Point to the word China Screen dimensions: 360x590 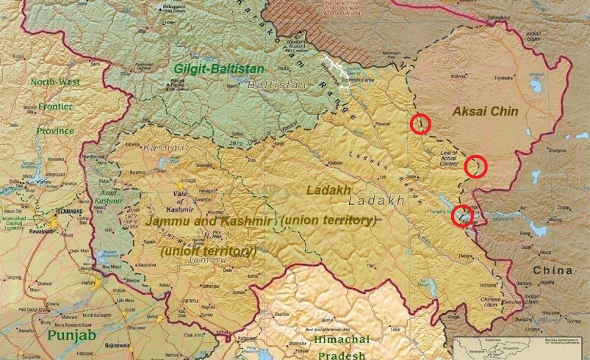pos(553,271)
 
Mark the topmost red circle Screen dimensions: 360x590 pos(420,124)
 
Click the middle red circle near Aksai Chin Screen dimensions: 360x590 pos(475,167)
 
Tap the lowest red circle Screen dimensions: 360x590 pos(462,215)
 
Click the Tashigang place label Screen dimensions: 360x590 pos(488,284)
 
